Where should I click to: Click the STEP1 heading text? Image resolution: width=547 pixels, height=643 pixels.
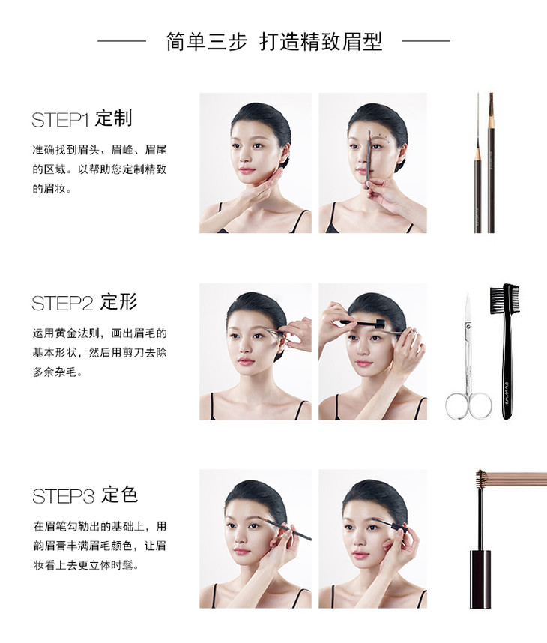[82, 119]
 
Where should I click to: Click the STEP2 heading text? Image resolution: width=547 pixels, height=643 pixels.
[85, 302]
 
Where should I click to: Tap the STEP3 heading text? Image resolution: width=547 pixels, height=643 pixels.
[85, 495]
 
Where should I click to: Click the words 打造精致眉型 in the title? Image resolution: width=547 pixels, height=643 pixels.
[321, 42]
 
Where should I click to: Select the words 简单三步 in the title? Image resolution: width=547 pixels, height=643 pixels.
[207, 42]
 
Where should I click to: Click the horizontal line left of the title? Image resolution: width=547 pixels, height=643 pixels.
[122, 41]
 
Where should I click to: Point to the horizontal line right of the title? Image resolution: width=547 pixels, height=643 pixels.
[426, 41]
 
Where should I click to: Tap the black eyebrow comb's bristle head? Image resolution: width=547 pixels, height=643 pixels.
[504, 298]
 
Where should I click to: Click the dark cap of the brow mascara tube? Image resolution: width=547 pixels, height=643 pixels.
[480, 579]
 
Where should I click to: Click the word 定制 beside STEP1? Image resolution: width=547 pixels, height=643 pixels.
[114, 118]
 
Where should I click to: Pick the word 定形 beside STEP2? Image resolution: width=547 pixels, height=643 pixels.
[119, 302]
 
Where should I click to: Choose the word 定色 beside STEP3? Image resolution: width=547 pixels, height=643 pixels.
[119, 495]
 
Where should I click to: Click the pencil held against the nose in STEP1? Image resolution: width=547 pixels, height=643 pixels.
[368, 159]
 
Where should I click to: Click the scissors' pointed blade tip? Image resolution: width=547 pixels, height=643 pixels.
[468, 293]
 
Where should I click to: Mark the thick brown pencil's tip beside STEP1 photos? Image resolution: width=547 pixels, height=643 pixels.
[492, 95]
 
